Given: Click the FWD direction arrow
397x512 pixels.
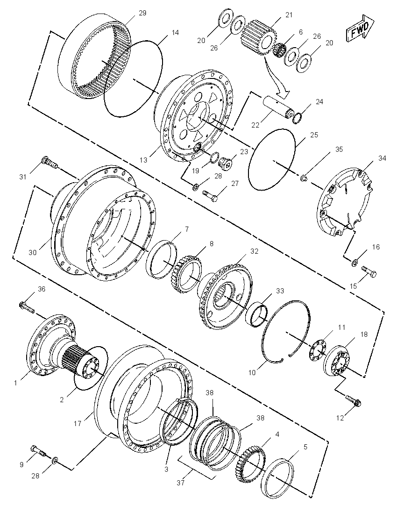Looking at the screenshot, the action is [x=360, y=28].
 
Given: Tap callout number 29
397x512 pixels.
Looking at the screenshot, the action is [x=142, y=13].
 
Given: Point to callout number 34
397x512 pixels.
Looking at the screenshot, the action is [x=382, y=158].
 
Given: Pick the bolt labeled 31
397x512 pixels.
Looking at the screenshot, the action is [x=50, y=163].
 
